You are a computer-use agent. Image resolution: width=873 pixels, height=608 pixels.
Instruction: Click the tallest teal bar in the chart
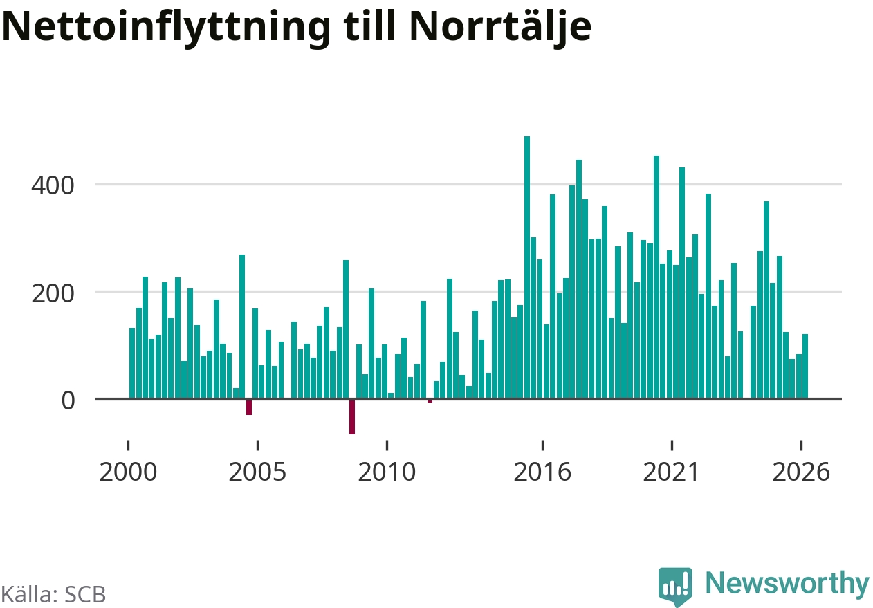(x=527, y=267)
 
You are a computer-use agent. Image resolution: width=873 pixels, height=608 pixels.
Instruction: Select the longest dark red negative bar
(x=352, y=417)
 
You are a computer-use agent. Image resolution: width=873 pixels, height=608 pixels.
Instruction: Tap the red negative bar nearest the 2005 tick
(x=249, y=407)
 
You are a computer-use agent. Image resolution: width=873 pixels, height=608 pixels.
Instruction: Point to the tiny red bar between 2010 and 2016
(x=430, y=401)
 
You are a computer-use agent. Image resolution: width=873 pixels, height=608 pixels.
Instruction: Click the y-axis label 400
(x=53, y=185)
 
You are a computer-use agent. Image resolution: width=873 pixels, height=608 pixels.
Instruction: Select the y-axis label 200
(x=53, y=294)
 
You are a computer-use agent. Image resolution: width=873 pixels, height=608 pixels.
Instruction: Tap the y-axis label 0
(x=68, y=400)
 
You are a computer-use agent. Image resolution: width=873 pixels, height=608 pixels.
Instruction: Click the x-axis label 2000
(x=128, y=472)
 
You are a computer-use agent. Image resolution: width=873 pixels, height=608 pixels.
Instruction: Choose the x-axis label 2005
(x=257, y=472)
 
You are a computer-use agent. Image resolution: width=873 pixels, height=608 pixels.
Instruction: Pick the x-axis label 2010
(x=387, y=472)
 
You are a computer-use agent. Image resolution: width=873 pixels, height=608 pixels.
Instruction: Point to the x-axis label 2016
(x=542, y=472)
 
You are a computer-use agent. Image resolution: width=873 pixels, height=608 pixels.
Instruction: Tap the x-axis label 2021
(x=671, y=472)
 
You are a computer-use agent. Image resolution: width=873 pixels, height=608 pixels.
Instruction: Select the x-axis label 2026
(x=801, y=472)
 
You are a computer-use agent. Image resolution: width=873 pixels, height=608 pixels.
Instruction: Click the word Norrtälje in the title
(x=500, y=27)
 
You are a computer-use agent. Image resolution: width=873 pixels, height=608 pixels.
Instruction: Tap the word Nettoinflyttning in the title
(x=166, y=27)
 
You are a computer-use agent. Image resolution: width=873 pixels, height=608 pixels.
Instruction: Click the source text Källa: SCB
(x=53, y=594)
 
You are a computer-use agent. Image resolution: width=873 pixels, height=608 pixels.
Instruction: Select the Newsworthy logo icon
(x=675, y=586)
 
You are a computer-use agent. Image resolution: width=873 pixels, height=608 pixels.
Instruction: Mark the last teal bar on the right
(x=805, y=366)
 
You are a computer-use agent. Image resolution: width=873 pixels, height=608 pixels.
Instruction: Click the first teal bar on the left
(x=132, y=363)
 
